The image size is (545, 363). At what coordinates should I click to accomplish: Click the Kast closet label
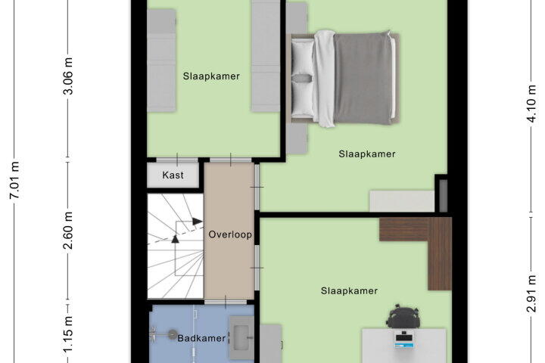[173, 175]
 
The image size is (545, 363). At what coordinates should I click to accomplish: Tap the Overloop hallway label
[230, 234]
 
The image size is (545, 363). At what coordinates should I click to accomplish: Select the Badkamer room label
[201, 338]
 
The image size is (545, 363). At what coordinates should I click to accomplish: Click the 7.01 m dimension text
[14, 180]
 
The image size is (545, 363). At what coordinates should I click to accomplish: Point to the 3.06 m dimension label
[68, 76]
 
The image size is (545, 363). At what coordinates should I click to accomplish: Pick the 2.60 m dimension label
[68, 231]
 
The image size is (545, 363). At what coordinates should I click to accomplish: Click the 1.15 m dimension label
[68, 334]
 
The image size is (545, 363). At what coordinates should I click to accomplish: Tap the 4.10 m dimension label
[531, 104]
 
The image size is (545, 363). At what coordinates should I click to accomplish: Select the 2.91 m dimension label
[531, 293]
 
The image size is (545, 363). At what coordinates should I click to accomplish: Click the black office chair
[403, 316]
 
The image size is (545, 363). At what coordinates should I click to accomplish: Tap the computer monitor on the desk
[404, 340]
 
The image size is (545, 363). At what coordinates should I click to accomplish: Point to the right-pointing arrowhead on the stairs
[198, 222]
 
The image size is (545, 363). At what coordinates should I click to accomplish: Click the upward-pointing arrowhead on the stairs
[175, 239]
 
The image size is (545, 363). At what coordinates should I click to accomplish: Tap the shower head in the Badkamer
[172, 334]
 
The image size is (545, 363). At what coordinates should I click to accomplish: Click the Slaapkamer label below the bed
[367, 154]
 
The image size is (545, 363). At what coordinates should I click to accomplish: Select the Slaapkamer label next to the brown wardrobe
[349, 290]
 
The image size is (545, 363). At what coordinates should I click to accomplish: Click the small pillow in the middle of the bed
[302, 79]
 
